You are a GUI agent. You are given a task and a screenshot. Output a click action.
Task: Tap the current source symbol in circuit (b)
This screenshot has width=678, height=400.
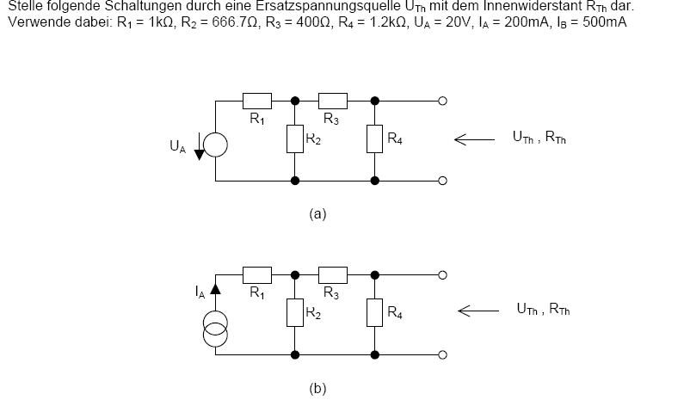tap(215, 329)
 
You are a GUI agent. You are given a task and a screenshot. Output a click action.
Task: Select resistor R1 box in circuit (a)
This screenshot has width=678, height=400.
tap(257, 101)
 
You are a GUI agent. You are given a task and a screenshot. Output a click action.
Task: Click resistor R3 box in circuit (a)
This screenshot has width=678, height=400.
tap(332, 101)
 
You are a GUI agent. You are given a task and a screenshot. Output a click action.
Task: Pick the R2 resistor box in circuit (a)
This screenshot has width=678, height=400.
tap(295, 138)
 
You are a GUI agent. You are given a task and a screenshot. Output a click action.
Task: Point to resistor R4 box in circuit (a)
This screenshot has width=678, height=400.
tap(374, 138)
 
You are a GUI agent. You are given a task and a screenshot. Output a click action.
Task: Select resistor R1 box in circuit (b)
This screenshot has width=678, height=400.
tap(257, 274)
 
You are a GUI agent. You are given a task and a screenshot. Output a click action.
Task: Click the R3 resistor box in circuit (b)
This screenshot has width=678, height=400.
tap(332, 274)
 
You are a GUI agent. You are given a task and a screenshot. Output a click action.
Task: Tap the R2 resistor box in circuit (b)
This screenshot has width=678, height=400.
tap(295, 312)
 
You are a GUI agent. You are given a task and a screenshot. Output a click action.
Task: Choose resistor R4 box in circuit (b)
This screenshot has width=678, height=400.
tap(374, 312)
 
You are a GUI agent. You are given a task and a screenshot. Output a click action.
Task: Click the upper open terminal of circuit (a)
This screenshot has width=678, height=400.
tap(442, 101)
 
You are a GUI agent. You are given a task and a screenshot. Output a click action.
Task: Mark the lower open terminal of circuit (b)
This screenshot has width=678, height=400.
tap(442, 354)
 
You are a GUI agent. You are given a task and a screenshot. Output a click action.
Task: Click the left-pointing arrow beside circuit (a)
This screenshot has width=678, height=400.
tap(474, 139)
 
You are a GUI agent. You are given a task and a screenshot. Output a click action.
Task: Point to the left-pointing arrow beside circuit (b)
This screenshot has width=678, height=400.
tap(478, 311)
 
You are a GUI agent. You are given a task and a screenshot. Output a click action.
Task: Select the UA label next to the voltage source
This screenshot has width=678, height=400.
tap(178, 146)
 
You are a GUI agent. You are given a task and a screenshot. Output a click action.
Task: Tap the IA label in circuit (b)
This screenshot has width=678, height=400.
tap(200, 292)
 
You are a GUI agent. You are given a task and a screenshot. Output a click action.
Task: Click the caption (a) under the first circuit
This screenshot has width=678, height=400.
tap(317, 214)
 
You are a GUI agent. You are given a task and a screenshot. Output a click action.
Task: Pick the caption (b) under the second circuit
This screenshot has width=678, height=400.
tap(317, 388)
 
